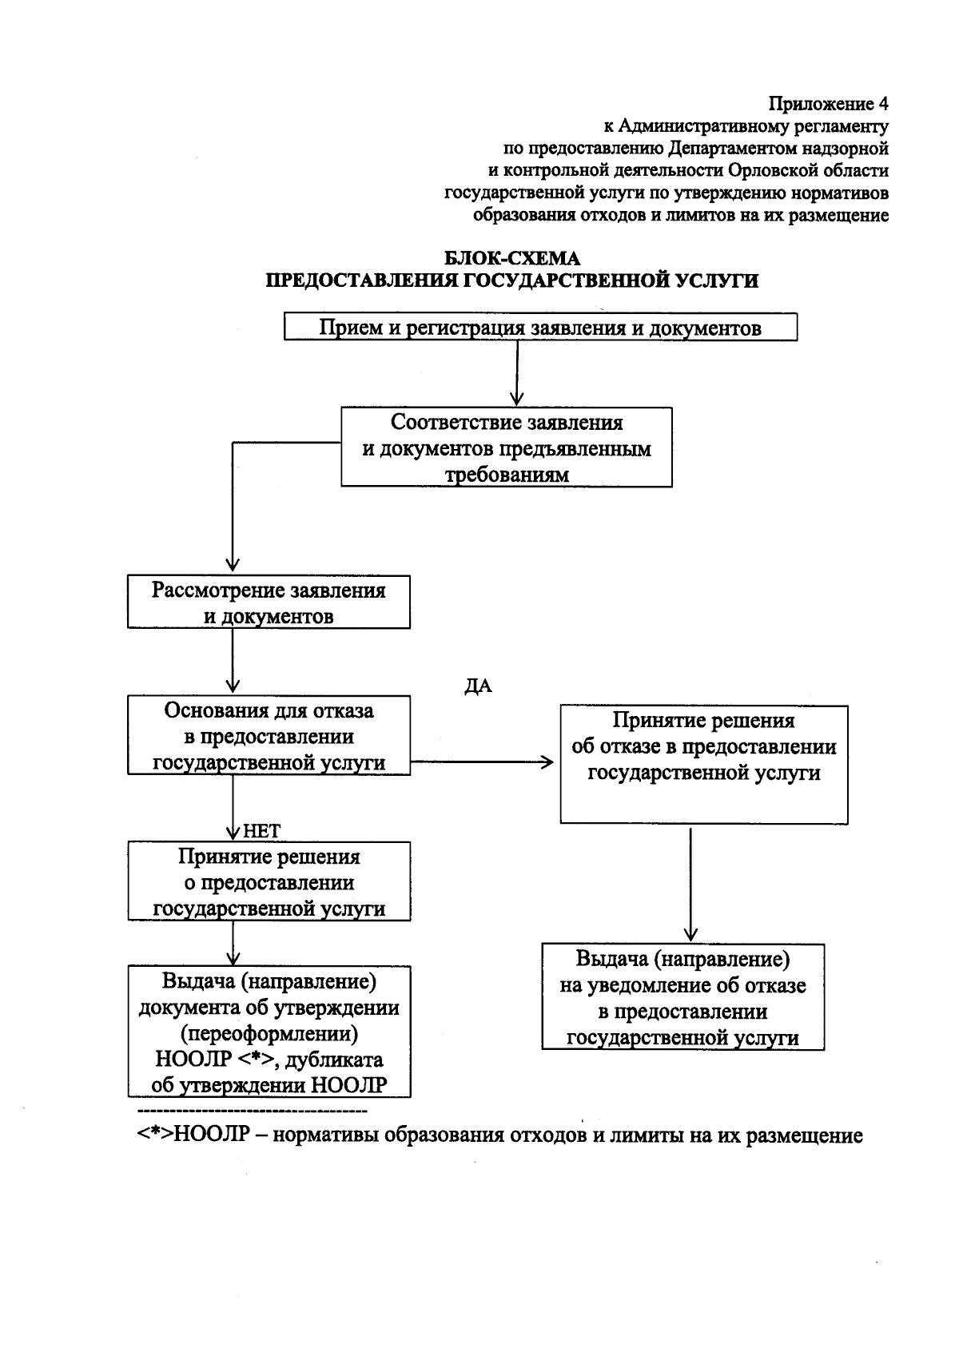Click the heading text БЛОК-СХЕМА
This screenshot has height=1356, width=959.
pyautogui.click(x=511, y=258)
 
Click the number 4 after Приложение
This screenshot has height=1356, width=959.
pyautogui.click(x=882, y=104)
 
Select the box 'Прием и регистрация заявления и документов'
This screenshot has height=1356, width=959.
pyautogui.click(x=540, y=328)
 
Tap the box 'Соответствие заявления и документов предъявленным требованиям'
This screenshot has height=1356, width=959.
pyautogui.click(x=507, y=447)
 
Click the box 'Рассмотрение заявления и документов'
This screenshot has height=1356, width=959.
pyautogui.click(x=269, y=602)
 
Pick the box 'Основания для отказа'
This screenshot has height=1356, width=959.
pyautogui.click(x=269, y=735)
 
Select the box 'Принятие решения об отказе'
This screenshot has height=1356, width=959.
pyautogui.click(x=703, y=764)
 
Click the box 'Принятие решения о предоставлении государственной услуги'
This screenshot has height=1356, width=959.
pyautogui.click(x=269, y=881)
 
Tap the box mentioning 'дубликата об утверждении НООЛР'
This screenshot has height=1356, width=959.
pyautogui.click(x=269, y=1032)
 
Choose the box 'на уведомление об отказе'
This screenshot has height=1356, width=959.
pyautogui.click(x=682, y=997)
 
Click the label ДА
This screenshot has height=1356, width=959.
pyautogui.click(x=478, y=687)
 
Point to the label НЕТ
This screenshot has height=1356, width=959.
pyautogui.click(x=261, y=831)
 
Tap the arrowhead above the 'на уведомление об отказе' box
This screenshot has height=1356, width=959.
pyautogui.click(x=690, y=934)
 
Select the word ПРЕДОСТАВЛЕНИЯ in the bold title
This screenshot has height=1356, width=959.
pyautogui.click(x=361, y=280)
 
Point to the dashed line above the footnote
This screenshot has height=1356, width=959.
pyautogui.click(x=252, y=1111)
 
